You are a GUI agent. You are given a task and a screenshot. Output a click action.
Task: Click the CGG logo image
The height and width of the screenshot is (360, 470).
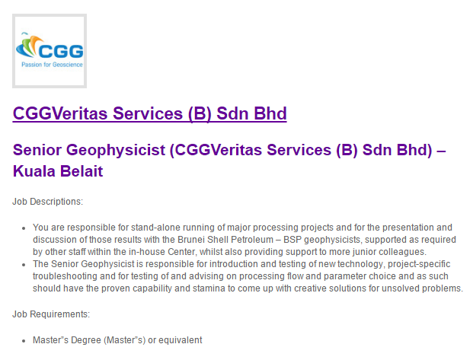(x=50, y=50)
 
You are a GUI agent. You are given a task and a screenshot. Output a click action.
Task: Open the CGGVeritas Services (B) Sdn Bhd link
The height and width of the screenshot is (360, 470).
(x=149, y=113)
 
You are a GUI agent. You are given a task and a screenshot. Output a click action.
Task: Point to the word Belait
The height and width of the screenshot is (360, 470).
(x=83, y=171)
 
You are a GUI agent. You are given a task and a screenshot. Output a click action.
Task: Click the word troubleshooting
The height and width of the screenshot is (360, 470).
(x=68, y=277)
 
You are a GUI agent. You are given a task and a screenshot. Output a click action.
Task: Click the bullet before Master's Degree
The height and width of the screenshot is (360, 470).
(x=25, y=340)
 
